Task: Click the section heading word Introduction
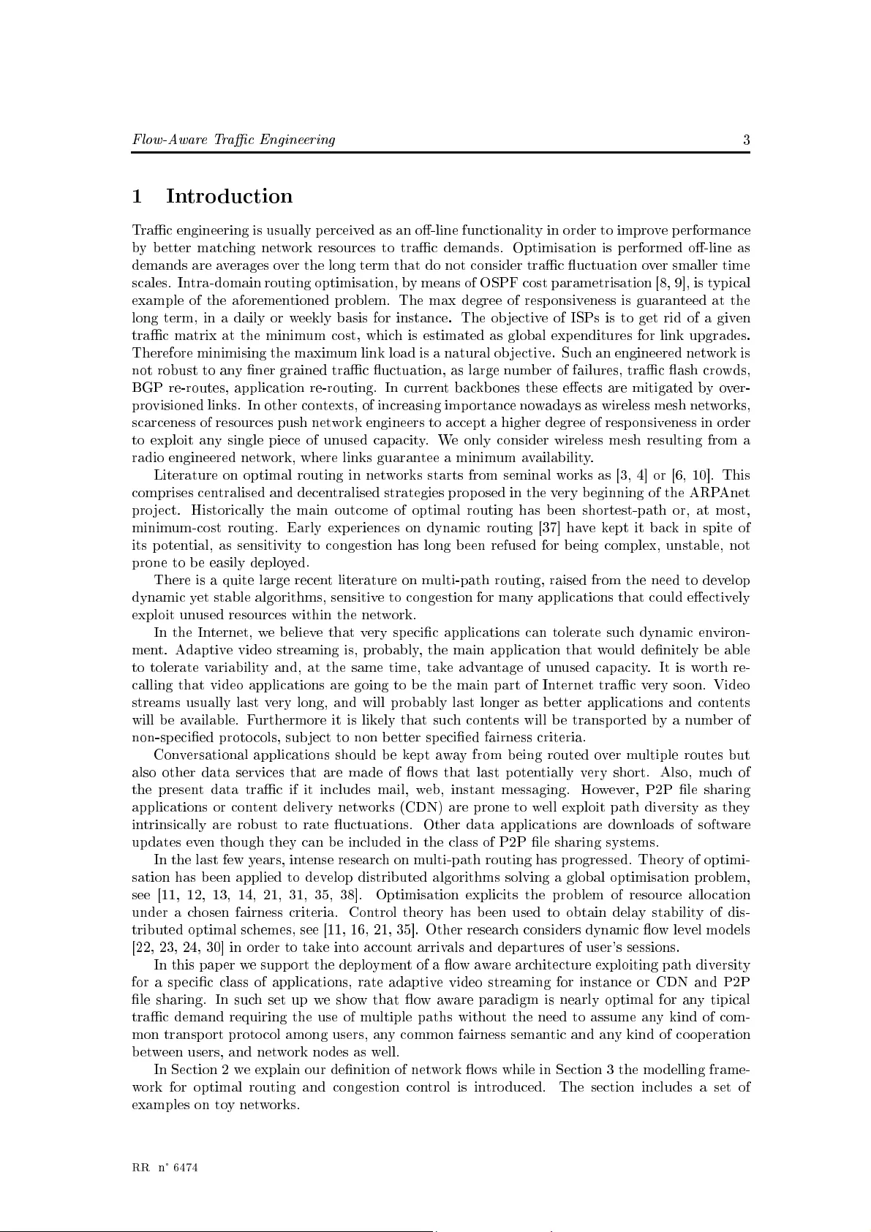click(x=229, y=197)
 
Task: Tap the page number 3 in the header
click(x=746, y=140)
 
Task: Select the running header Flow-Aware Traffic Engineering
click(x=233, y=140)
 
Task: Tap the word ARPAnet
click(x=723, y=493)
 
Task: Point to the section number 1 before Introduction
click(x=137, y=197)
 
